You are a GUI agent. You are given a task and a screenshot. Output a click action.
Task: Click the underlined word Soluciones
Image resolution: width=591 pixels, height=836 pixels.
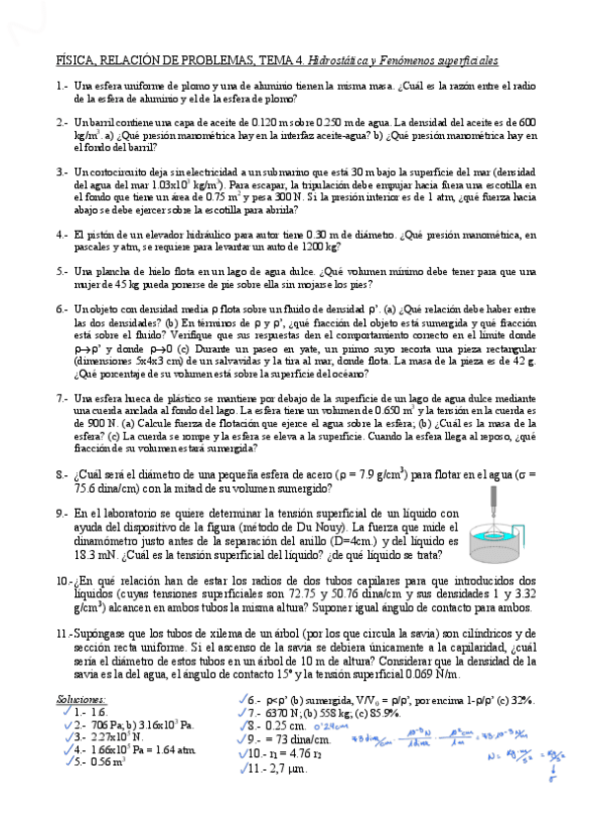tap(82, 698)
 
